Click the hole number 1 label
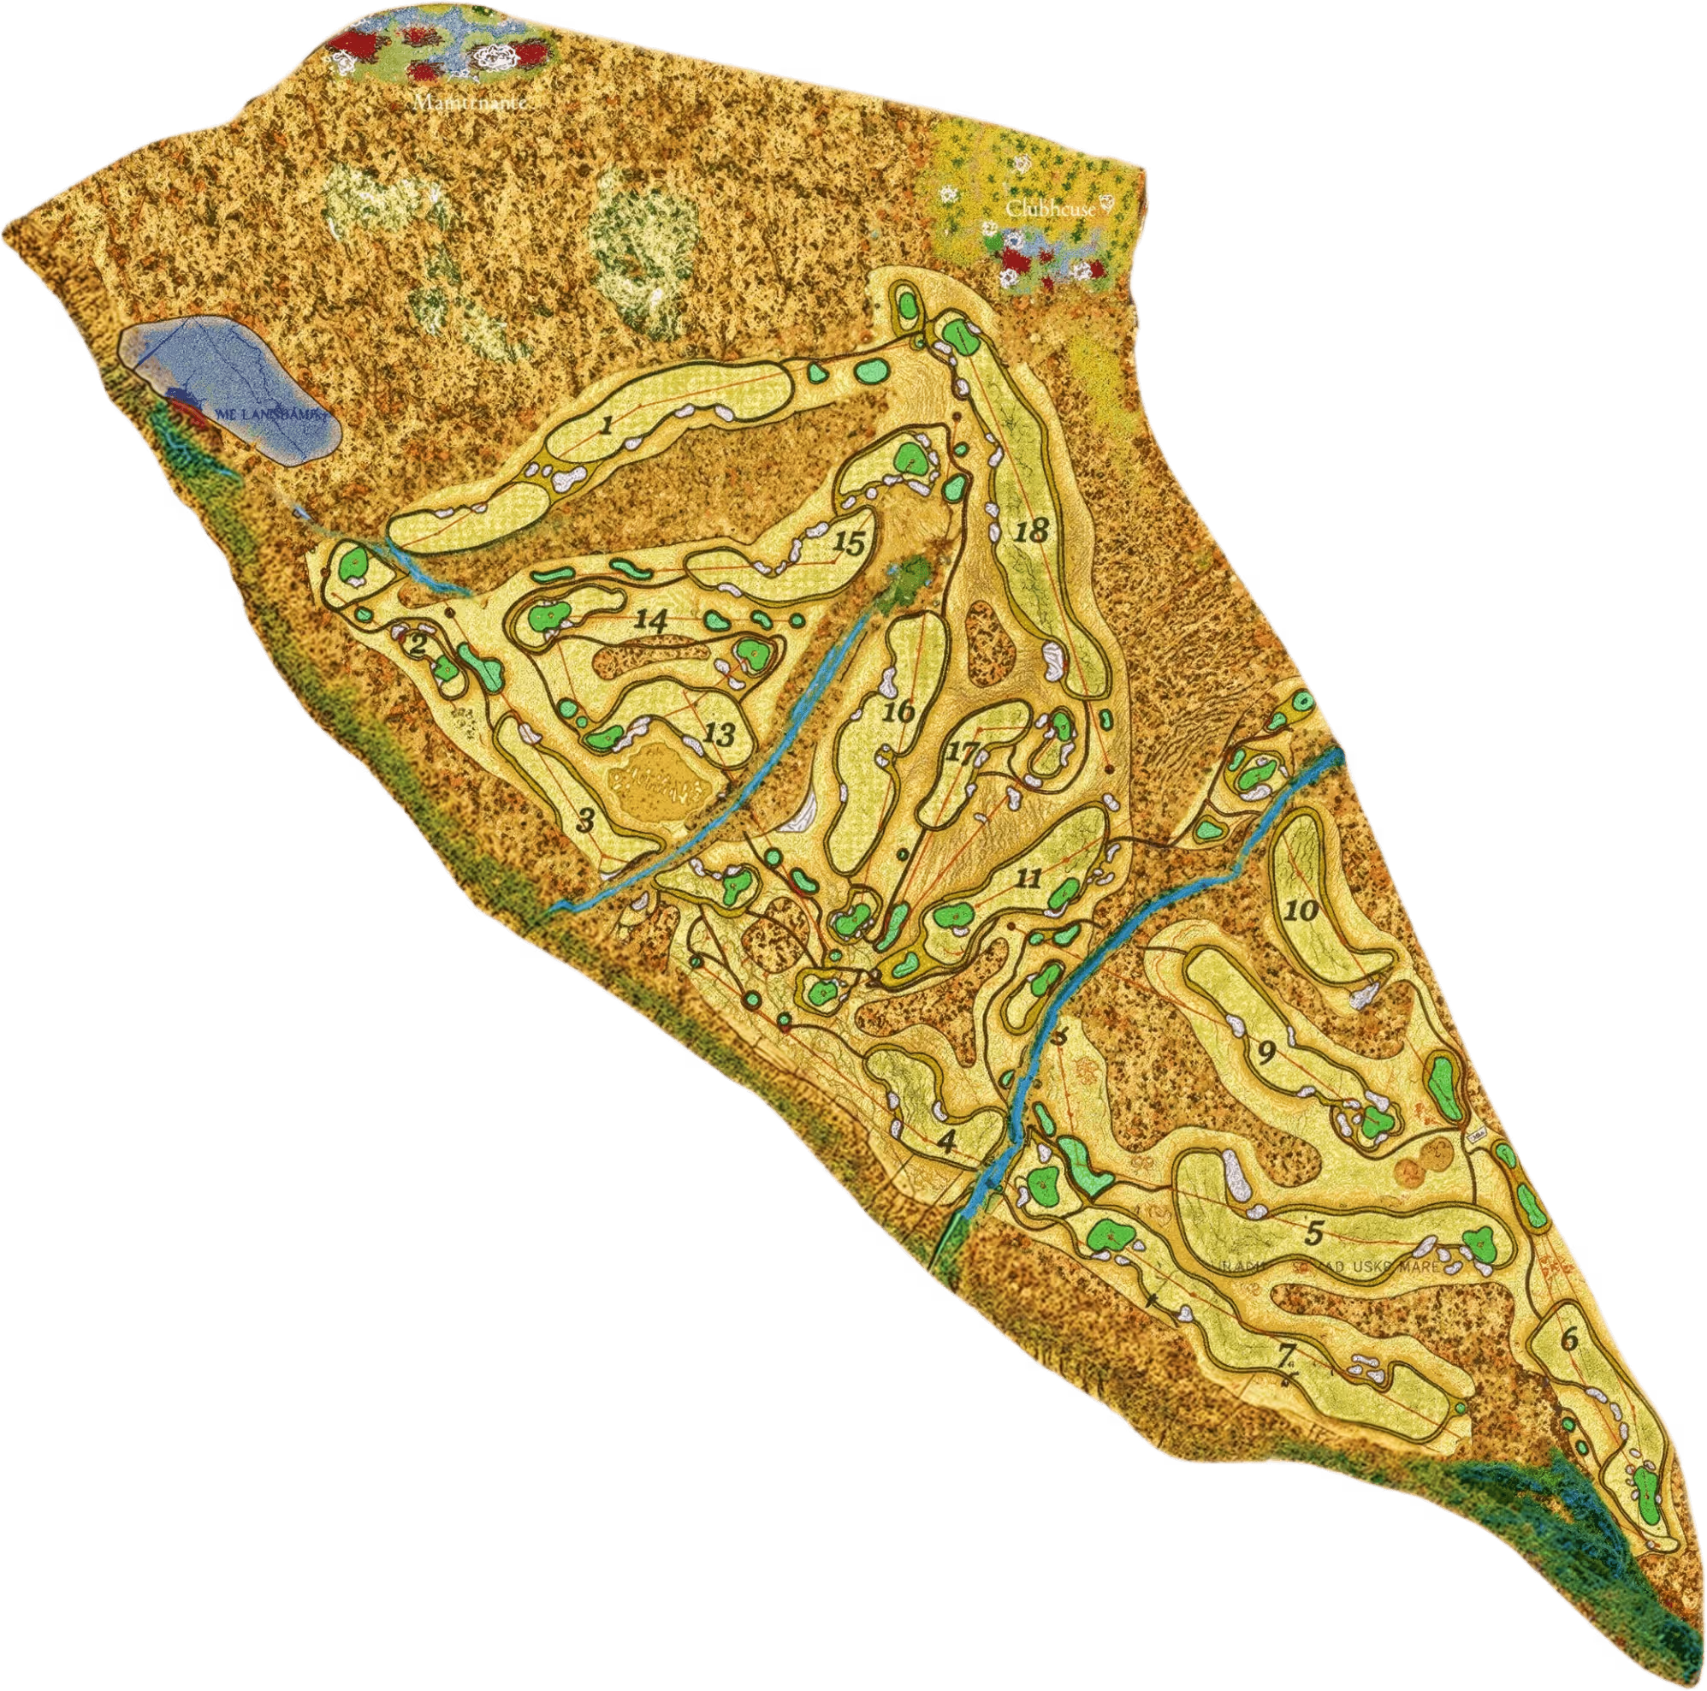click(605, 427)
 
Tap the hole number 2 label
click(418, 645)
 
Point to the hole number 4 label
click(946, 1141)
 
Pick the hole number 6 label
click(1568, 1339)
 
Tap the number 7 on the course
click(1286, 1353)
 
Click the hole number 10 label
click(1301, 909)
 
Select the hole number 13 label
click(720, 733)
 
